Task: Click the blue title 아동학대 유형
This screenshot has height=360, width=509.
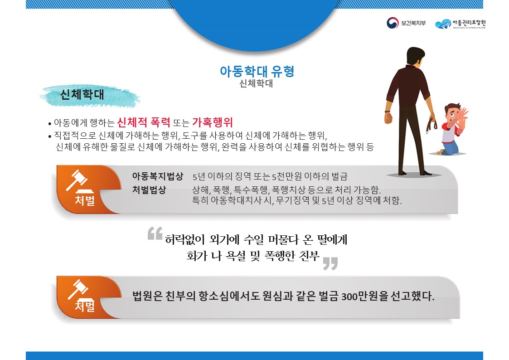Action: [x=257, y=72]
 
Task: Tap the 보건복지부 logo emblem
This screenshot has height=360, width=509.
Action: [x=392, y=23]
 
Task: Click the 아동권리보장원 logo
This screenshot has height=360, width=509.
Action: [x=462, y=24]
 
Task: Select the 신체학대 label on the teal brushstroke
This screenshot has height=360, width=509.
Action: [x=82, y=95]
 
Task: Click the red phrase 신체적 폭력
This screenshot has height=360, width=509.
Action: [x=144, y=122]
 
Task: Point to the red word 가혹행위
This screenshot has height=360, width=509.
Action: [x=212, y=122]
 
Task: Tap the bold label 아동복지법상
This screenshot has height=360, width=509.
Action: [x=157, y=176]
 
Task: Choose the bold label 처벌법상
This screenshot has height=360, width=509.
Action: [x=149, y=190]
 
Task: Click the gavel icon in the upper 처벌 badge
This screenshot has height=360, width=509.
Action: [x=77, y=181]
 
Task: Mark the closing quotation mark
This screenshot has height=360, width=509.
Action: [x=330, y=263]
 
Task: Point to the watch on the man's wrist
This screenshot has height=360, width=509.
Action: [x=388, y=111]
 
